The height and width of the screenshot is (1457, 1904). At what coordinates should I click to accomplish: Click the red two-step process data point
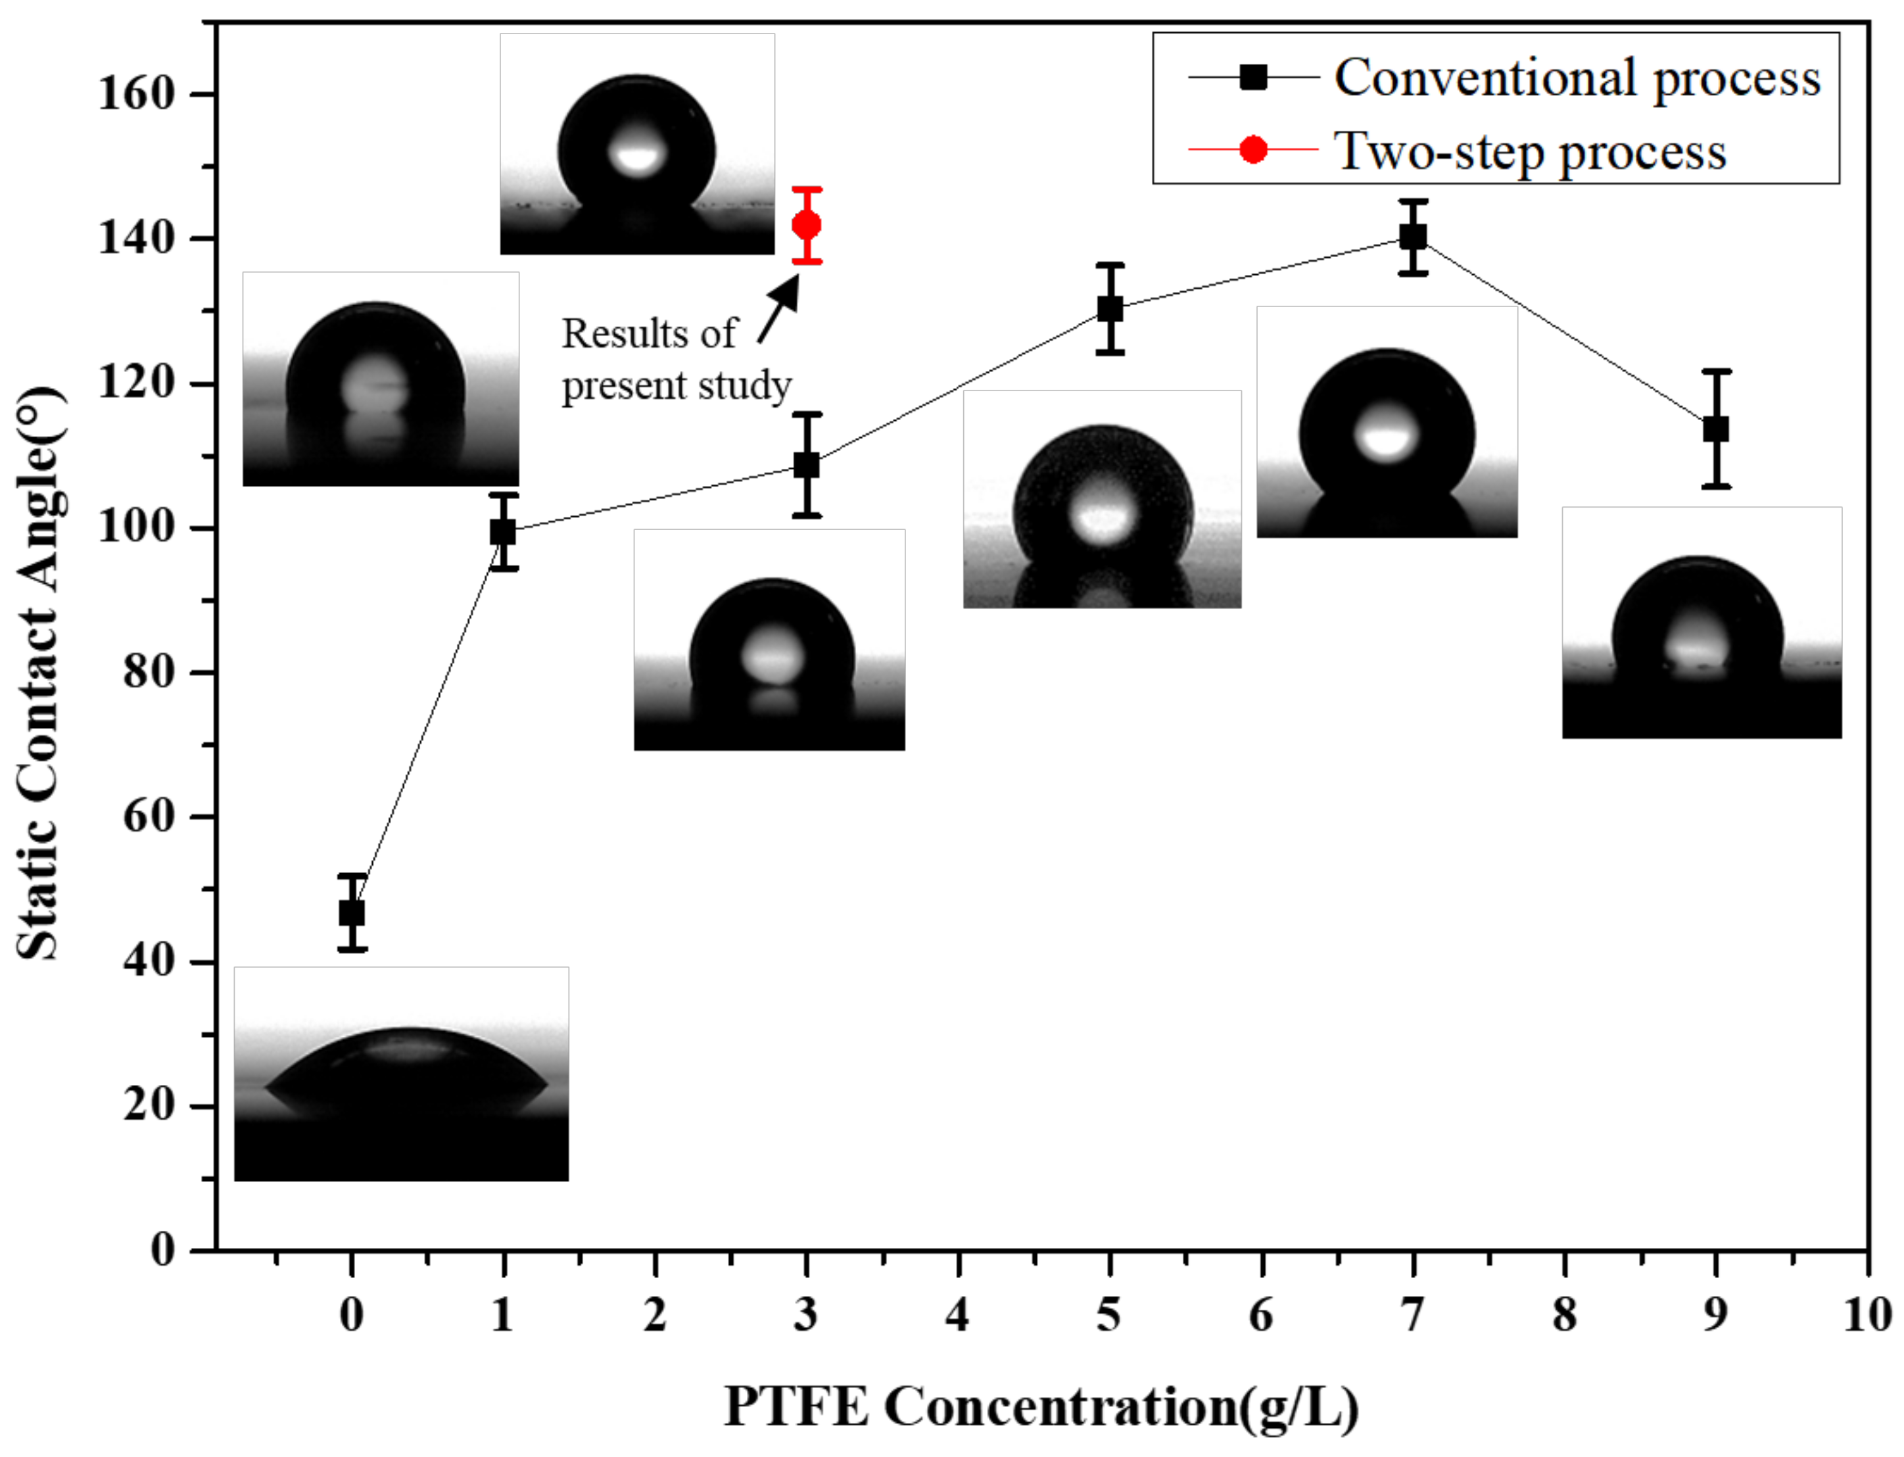click(806, 226)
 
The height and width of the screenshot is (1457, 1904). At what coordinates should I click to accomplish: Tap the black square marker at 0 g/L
click(351, 913)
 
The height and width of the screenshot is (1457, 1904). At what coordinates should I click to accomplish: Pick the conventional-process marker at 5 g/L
click(1110, 309)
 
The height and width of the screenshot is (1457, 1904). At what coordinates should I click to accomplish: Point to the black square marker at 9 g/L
click(1716, 429)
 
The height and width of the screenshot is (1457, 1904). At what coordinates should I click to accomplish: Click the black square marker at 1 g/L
click(503, 532)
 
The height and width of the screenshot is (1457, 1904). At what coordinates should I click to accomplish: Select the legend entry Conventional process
click(1577, 78)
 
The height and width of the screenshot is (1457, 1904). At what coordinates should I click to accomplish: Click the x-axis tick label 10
click(1867, 1316)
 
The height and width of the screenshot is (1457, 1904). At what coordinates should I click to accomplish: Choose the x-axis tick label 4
click(957, 1316)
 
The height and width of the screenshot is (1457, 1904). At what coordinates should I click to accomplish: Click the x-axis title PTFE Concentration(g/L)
click(1041, 1406)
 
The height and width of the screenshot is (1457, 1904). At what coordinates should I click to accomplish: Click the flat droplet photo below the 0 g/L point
click(402, 1074)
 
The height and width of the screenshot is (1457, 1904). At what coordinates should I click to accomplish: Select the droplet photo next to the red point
click(637, 144)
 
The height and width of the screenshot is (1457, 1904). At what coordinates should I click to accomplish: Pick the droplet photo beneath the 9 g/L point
click(1701, 623)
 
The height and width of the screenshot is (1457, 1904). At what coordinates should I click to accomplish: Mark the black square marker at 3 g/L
click(806, 466)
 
